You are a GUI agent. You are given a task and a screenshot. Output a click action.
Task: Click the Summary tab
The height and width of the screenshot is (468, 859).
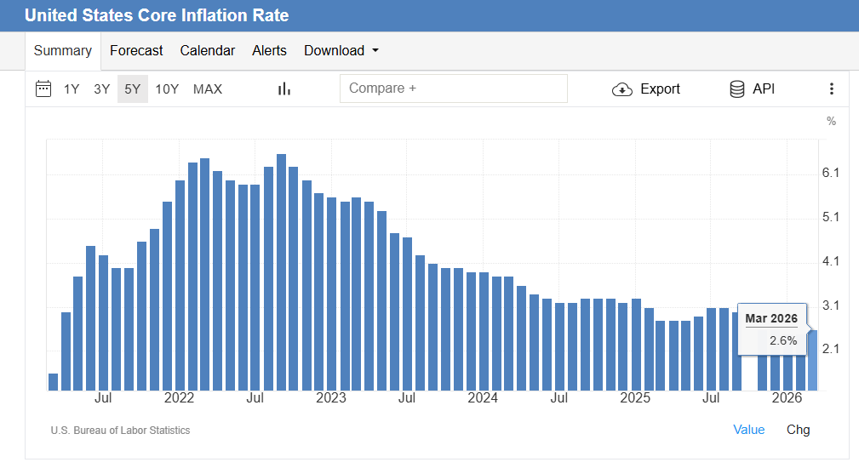(x=62, y=51)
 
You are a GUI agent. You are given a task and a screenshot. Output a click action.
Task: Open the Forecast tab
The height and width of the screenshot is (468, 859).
(x=136, y=51)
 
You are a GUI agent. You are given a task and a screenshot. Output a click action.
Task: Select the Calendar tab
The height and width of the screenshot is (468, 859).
(x=207, y=51)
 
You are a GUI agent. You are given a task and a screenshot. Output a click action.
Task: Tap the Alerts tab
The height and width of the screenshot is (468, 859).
(x=269, y=51)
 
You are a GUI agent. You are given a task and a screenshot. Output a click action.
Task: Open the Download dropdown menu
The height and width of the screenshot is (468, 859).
(x=341, y=51)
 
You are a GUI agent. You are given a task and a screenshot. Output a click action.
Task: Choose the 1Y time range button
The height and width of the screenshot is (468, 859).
(x=72, y=89)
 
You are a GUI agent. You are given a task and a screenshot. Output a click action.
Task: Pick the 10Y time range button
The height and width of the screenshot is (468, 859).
(x=167, y=89)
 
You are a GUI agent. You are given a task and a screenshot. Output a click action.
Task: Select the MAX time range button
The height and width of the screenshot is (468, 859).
(x=208, y=89)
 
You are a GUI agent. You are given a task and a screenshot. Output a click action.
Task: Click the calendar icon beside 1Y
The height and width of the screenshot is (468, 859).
(x=43, y=88)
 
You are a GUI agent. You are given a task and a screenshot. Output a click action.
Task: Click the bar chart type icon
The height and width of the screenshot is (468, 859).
(x=284, y=88)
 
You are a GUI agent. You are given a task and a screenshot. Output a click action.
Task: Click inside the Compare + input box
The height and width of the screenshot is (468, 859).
(x=453, y=88)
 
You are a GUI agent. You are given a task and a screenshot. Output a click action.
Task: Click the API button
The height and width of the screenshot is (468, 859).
(x=753, y=88)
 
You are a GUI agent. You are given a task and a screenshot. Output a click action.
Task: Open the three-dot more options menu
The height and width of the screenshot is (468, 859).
(x=832, y=88)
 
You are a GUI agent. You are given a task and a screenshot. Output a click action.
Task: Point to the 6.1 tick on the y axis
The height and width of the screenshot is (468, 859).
(x=831, y=173)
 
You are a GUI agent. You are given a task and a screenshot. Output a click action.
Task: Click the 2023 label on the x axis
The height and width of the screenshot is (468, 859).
(x=331, y=398)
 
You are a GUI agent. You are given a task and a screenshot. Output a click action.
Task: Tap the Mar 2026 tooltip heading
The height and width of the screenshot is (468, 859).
(x=771, y=318)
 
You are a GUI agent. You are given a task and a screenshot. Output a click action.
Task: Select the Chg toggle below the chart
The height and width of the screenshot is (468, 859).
(x=798, y=430)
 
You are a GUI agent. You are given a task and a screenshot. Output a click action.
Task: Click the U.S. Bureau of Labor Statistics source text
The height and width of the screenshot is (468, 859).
(x=120, y=431)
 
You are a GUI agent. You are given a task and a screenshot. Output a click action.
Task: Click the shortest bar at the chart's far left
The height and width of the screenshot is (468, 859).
(x=53, y=381)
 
